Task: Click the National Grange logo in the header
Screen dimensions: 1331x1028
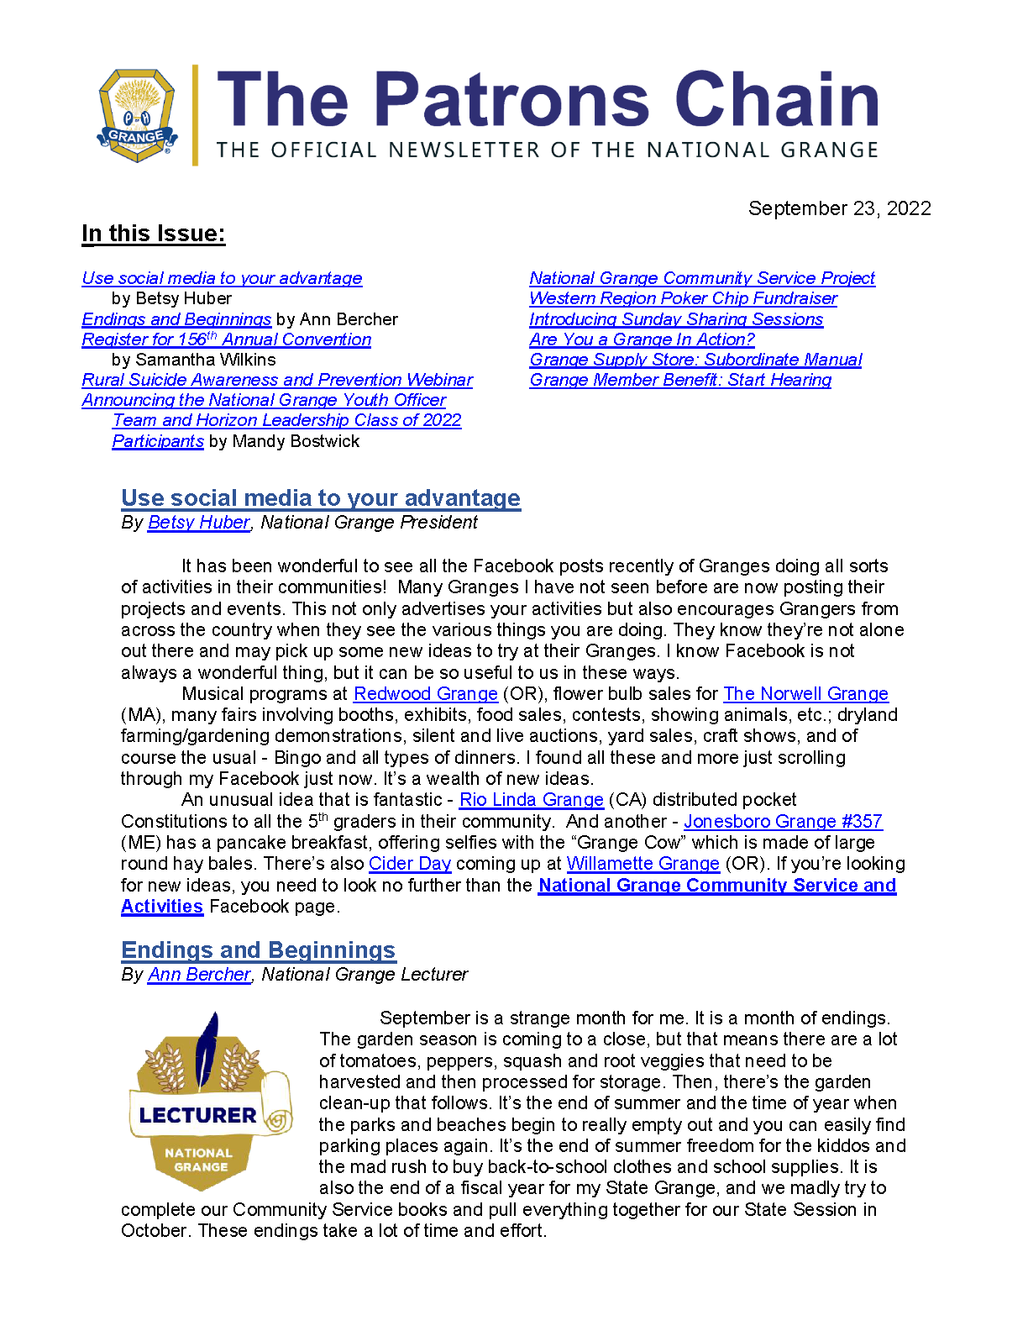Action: click(x=138, y=115)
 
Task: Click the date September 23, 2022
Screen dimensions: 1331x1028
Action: click(x=839, y=208)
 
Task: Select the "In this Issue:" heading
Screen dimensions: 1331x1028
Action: click(x=154, y=234)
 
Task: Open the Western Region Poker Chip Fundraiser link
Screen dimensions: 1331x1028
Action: click(x=683, y=298)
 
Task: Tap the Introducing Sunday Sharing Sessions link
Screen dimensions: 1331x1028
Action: click(x=676, y=319)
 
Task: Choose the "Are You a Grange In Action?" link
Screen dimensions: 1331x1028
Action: click(x=642, y=339)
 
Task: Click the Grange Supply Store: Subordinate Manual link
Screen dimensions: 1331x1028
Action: click(x=695, y=360)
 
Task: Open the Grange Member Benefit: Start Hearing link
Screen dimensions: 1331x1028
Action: click(x=680, y=380)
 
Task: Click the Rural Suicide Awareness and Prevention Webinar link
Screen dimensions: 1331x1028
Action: click(x=277, y=380)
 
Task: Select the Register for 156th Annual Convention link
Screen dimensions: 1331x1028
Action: click(x=227, y=339)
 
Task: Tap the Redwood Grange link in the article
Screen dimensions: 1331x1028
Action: click(x=426, y=694)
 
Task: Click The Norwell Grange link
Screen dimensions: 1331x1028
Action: click(x=805, y=694)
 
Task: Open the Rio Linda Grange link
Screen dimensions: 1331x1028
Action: click(x=531, y=800)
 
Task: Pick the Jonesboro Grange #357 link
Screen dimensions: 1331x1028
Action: click(x=783, y=822)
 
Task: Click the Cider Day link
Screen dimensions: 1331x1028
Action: click(x=410, y=864)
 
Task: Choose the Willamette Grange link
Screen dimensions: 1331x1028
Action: click(x=642, y=864)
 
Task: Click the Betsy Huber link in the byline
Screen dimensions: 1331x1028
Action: click(x=199, y=523)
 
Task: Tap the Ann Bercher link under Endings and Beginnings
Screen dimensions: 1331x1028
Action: click(x=199, y=975)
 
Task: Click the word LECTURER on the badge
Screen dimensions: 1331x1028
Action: click(x=197, y=1116)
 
